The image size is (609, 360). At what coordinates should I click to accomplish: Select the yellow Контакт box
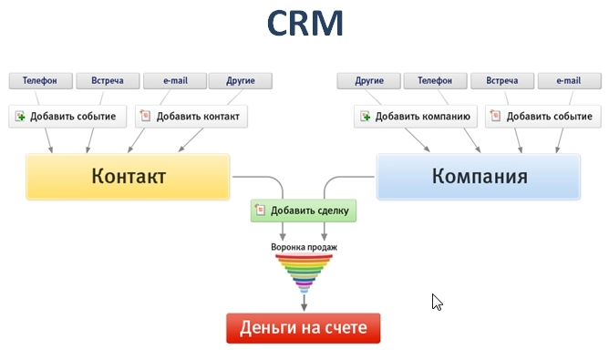tap(128, 176)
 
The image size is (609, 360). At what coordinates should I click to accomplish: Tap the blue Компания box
tap(479, 176)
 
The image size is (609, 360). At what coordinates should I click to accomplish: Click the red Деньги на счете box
tap(303, 328)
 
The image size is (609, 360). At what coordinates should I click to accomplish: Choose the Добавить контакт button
tap(191, 117)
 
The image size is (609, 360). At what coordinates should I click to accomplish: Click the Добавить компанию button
tap(416, 117)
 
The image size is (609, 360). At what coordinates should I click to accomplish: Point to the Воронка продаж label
tap(304, 246)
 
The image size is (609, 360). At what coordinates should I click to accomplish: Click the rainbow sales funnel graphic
tap(304, 273)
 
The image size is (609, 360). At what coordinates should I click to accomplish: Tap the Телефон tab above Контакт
tap(40, 81)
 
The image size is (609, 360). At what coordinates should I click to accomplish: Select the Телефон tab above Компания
tap(435, 81)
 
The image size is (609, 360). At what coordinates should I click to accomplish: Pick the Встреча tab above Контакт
tap(107, 81)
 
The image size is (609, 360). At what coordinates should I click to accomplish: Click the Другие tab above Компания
tap(368, 81)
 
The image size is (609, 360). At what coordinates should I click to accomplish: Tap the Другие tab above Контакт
tap(241, 81)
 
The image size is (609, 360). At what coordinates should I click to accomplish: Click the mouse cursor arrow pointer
tap(437, 302)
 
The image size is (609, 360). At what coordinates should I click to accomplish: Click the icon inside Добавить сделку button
tap(261, 211)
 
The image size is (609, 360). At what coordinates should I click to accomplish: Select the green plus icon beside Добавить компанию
tap(365, 117)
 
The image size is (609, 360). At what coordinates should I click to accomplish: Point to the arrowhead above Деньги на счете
tap(304, 308)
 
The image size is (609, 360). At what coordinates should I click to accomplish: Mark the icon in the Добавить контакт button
tap(146, 117)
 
